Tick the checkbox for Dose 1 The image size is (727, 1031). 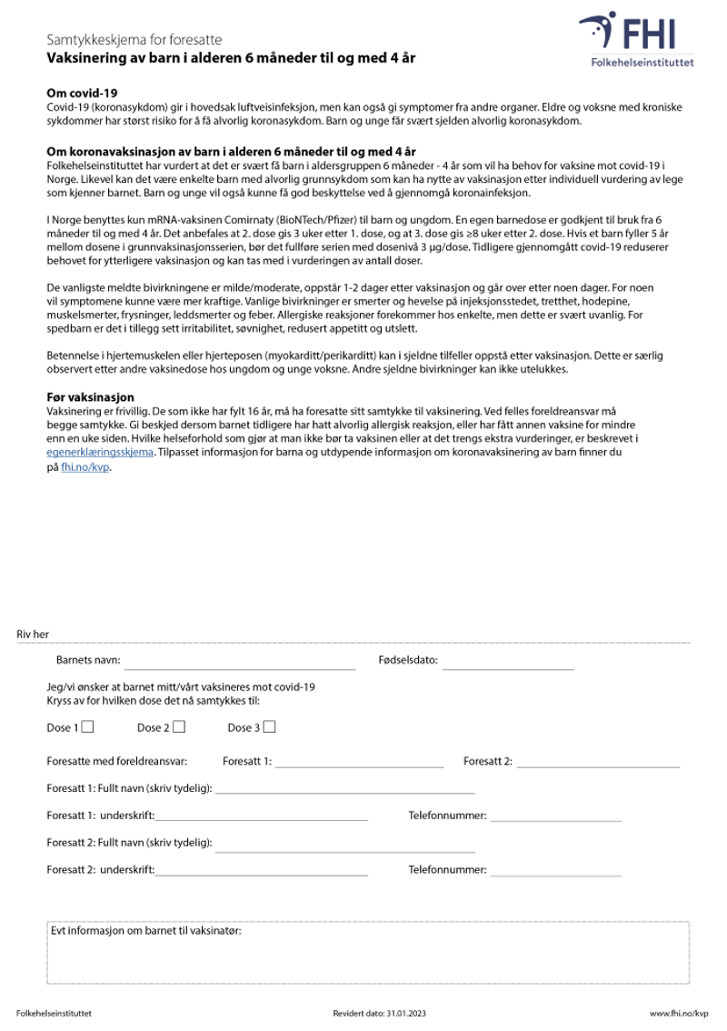point(88,726)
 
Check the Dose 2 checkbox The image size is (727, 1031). point(179,726)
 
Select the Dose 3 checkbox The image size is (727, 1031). point(269,726)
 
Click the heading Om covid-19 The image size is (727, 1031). point(82,94)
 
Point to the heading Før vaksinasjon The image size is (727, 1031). point(90,397)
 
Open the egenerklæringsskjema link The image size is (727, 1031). point(100,451)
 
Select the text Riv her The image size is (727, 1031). point(33,634)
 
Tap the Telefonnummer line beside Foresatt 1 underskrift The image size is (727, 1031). point(555,816)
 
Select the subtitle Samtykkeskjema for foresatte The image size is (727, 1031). point(134,41)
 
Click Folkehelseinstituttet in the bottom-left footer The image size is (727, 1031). point(54,1013)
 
